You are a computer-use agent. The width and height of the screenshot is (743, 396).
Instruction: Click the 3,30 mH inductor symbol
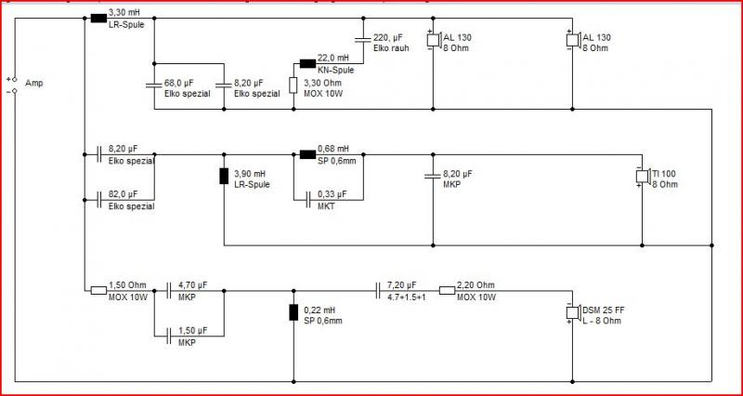(98, 19)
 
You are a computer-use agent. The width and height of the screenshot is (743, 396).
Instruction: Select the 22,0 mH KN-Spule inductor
(307, 63)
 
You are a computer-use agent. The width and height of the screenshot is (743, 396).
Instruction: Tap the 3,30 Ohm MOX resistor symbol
(293, 86)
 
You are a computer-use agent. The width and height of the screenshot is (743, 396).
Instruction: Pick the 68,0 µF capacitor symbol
(154, 86)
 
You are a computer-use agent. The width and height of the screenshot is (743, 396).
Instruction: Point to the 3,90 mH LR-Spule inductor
(224, 176)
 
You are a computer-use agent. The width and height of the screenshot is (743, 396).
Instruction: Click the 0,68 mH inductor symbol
(307, 154)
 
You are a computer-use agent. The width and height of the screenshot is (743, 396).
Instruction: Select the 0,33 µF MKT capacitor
(307, 200)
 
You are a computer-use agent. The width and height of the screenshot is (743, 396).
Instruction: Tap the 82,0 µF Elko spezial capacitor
(98, 200)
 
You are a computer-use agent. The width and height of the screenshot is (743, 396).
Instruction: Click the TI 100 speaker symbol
(642, 176)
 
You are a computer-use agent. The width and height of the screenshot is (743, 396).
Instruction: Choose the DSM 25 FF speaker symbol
(572, 313)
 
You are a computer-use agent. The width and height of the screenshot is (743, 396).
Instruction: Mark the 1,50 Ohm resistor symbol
(98, 290)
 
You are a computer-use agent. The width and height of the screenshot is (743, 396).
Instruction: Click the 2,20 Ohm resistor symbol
(447, 290)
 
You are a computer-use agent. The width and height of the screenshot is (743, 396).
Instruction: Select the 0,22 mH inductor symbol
(293, 312)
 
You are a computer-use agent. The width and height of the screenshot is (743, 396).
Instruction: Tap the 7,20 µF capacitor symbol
(378, 290)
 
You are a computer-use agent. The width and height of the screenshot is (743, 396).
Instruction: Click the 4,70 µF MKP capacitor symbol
(169, 290)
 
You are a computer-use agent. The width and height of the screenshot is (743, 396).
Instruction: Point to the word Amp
(33, 84)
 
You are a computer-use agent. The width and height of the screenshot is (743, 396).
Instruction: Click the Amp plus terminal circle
(15, 79)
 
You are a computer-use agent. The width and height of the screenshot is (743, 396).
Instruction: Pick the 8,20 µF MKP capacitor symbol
(433, 177)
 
